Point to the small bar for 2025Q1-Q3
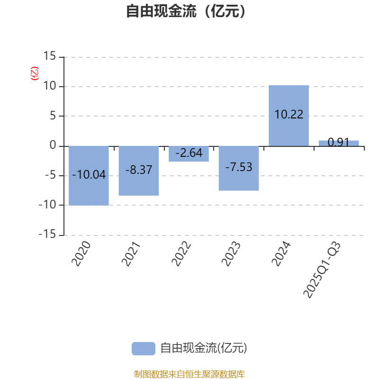tap(339, 143)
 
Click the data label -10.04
tap(89, 175)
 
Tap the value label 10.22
tap(289, 115)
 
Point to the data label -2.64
tap(189, 153)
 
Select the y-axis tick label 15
tap(49, 57)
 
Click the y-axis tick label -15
tap(46, 235)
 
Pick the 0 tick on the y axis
tap(53, 146)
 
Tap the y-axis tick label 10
tap(49, 87)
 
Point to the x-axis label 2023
tap(231, 254)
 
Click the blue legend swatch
tap(143, 348)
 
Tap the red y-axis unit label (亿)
tap(34, 73)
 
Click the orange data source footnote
tap(189, 374)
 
